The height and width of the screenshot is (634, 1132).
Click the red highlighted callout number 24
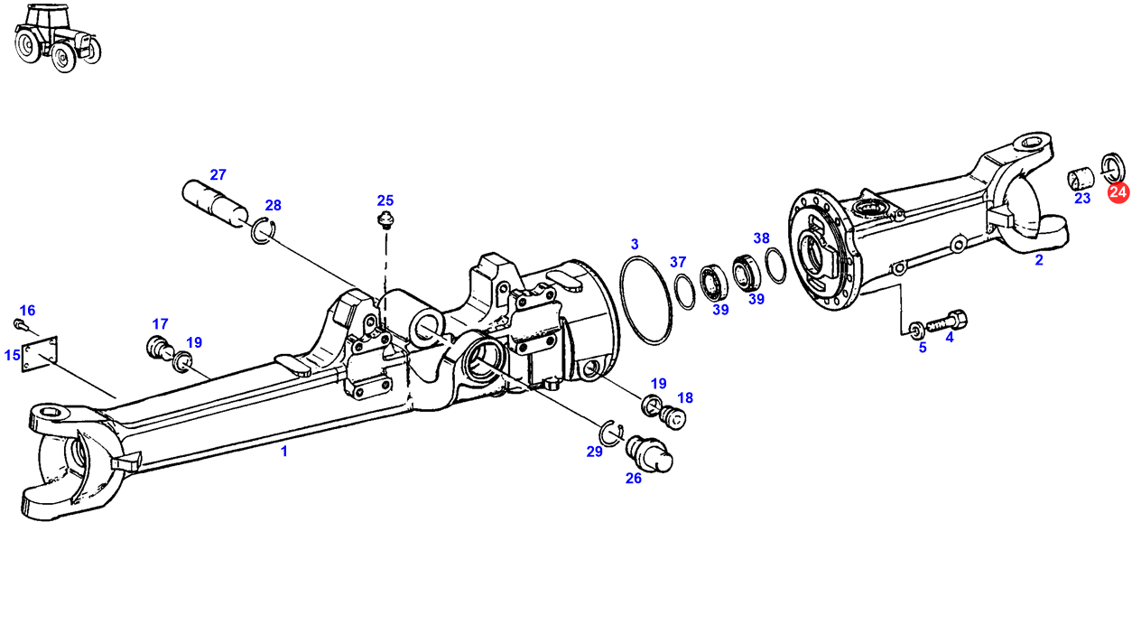(x=1118, y=192)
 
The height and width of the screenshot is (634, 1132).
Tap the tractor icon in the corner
(x=57, y=38)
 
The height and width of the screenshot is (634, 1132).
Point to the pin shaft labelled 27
(x=215, y=203)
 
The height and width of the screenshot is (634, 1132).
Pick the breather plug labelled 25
(x=386, y=221)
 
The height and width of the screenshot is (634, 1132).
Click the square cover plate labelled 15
(x=40, y=354)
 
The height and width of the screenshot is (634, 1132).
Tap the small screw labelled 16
(x=19, y=323)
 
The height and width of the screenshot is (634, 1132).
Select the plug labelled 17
(x=158, y=348)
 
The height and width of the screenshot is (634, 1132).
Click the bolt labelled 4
(x=948, y=321)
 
